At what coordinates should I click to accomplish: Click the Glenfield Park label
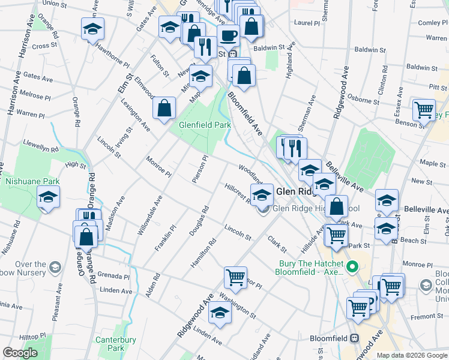(x=205, y=125)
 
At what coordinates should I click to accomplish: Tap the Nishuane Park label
(x=32, y=181)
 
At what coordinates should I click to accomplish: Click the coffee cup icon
(x=228, y=35)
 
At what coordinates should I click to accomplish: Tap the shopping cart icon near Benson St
(x=424, y=110)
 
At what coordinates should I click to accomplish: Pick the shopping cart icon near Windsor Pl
(x=235, y=277)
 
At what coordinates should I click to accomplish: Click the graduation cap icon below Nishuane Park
(x=47, y=197)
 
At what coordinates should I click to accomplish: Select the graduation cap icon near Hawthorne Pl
(x=92, y=29)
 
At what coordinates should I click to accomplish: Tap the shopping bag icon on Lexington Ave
(x=164, y=108)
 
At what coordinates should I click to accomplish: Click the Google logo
(x=20, y=353)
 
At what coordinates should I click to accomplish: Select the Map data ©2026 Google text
(x=411, y=355)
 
